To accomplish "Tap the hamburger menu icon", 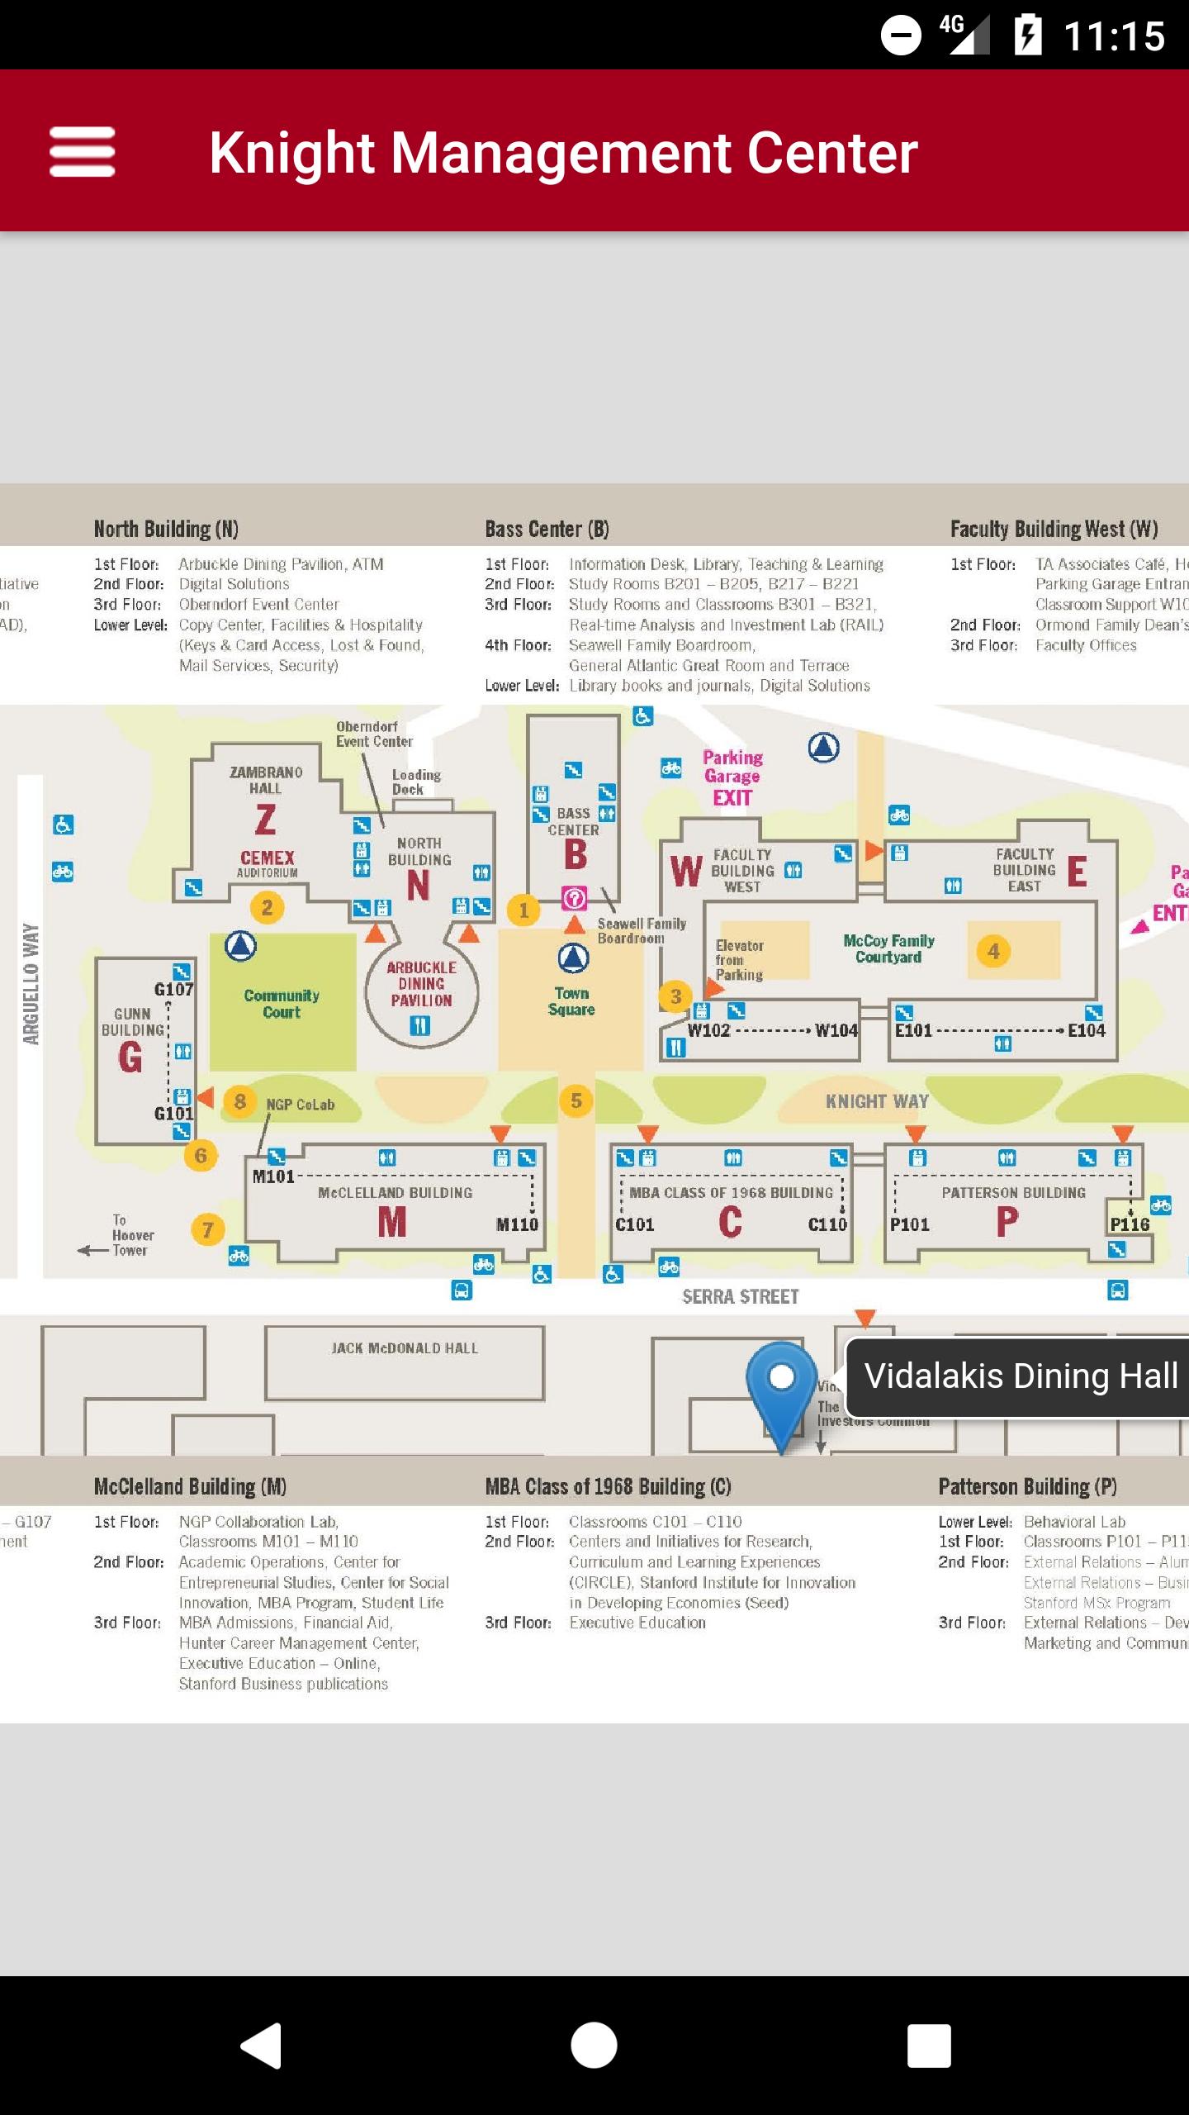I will (82, 151).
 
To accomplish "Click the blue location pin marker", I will (781, 1385).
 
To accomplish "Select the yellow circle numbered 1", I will (523, 910).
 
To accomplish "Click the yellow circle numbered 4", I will (993, 951).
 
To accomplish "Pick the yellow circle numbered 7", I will (207, 1229).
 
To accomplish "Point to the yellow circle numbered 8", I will (239, 1101).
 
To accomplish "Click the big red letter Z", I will (265, 820).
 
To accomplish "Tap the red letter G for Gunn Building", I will (130, 1057).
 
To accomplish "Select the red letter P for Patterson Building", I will (1007, 1221).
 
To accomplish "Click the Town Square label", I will (571, 1001).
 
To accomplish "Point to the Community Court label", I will (282, 1004).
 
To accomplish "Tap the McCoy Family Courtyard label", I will (888, 948).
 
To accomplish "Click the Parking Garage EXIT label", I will (732, 777).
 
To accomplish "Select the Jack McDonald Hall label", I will (405, 1348).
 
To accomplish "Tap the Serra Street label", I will (740, 1296).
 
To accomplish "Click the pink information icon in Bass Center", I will (574, 898).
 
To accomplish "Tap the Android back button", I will (261, 2046).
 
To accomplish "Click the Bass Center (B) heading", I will (547, 529).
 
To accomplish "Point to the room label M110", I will (517, 1224).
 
